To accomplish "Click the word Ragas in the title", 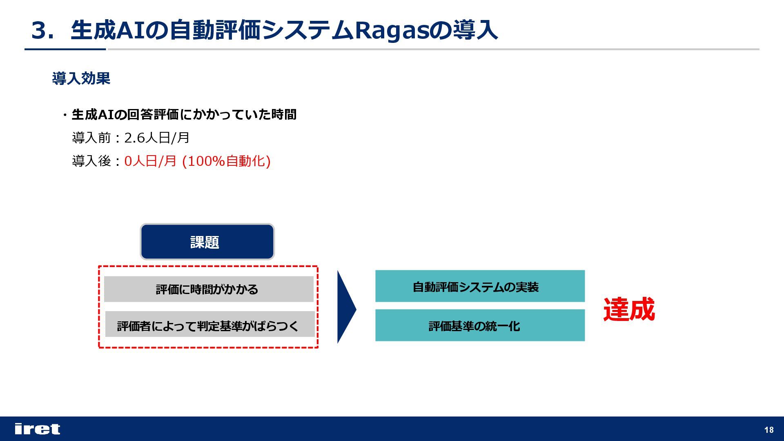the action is click(x=391, y=30).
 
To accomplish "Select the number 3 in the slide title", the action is click(x=40, y=30).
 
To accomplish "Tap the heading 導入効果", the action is click(x=81, y=78).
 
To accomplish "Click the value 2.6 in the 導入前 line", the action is click(x=134, y=138).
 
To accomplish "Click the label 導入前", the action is click(x=91, y=138).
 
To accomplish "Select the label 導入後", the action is click(x=91, y=161).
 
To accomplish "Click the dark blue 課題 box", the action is click(x=207, y=242).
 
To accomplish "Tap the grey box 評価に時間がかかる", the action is click(x=209, y=289).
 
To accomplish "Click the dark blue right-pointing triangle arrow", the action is click(x=345, y=307).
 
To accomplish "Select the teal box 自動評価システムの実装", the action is click(x=480, y=286).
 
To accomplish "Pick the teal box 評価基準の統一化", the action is click(x=480, y=325).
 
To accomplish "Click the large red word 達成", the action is click(x=629, y=309).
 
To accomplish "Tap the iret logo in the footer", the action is click(x=37, y=429).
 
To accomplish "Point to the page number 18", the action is click(x=768, y=430).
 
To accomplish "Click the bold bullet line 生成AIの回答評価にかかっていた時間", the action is click(x=184, y=115).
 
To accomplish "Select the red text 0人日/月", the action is click(x=150, y=161).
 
